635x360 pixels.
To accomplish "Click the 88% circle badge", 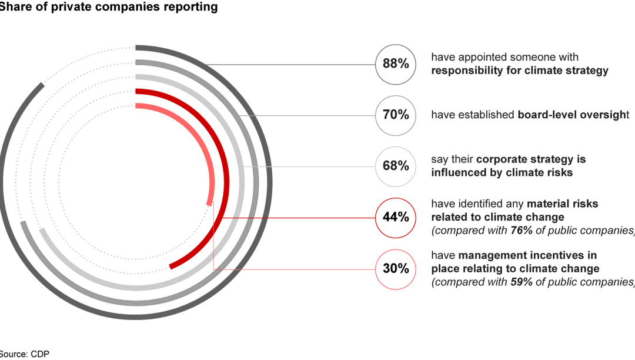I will (x=396, y=64).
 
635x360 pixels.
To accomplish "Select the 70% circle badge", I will (x=396, y=115).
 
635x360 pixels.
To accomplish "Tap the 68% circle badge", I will (x=396, y=166).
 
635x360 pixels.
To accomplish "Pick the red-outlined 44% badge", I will (x=396, y=218).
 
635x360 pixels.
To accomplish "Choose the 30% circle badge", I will (x=396, y=269).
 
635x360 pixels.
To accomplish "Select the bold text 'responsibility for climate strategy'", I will (x=520, y=71).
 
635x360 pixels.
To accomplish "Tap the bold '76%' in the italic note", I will (x=522, y=231).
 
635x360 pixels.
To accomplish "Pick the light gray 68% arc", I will (x=240, y=176).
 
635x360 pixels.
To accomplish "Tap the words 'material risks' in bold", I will (x=563, y=204).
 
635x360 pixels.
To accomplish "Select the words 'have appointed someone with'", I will (x=504, y=57).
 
